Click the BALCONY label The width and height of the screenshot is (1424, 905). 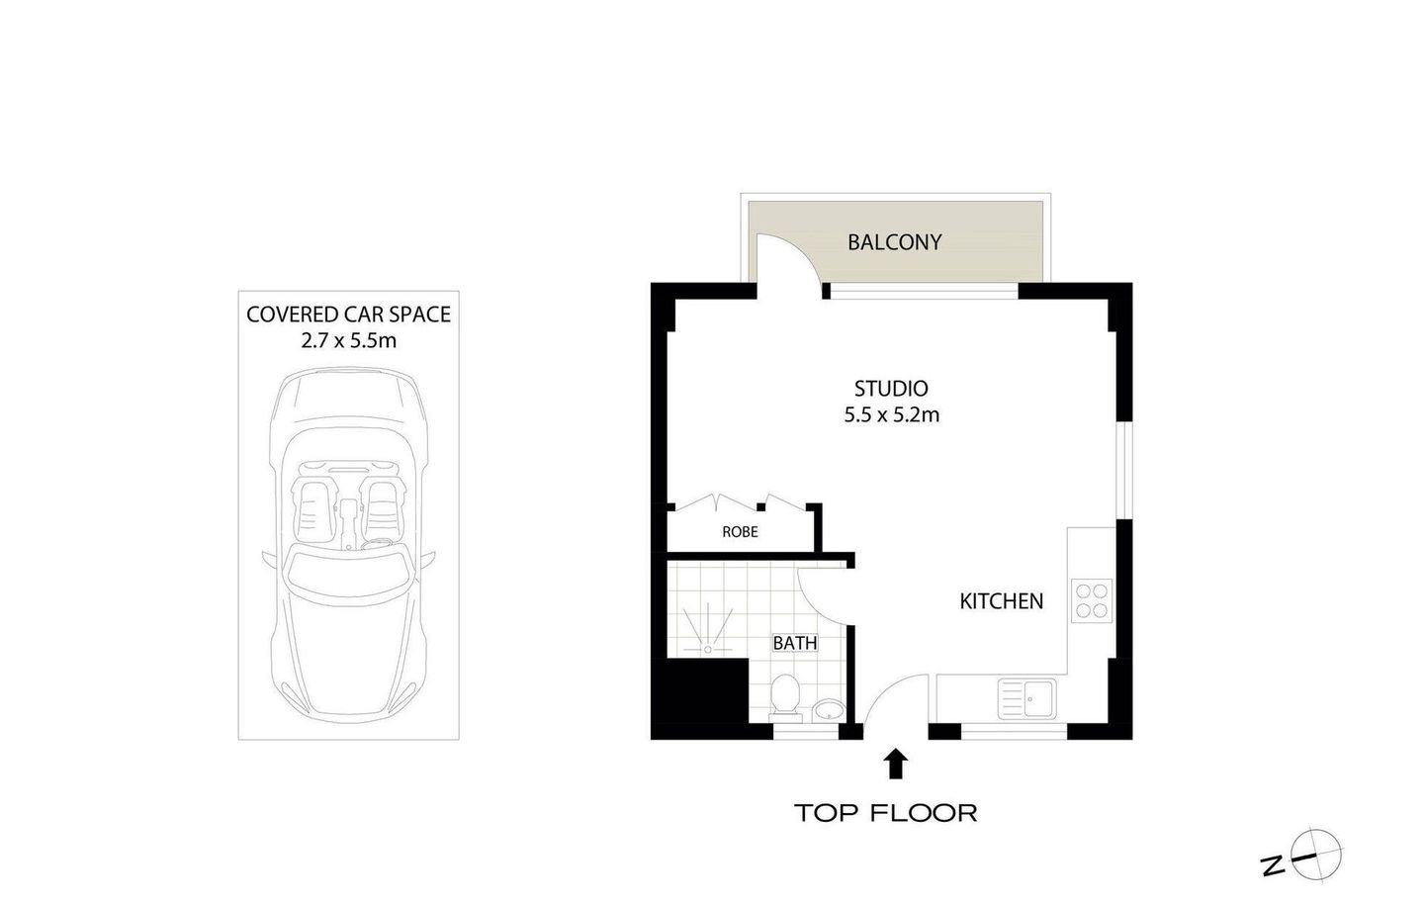coord(894,242)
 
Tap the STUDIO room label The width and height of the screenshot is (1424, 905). coord(891,389)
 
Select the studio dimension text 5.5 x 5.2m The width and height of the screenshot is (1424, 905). coord(891,415)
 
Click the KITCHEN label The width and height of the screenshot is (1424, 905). coord(1001,601)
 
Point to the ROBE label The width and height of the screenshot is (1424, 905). coord(740,532)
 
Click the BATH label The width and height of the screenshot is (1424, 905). coord(795,643)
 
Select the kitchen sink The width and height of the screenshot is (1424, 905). coord(1027,699)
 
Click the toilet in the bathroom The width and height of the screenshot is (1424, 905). coord(785,694)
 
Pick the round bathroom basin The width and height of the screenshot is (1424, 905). coord(828,709)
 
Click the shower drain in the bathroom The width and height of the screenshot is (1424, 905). coord(708,650)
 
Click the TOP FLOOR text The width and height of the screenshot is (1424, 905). coord(886,814)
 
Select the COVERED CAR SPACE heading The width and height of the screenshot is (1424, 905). coord(348,315)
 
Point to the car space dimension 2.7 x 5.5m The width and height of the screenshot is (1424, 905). coord(348,341)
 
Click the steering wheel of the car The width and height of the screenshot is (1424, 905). coord(377,542)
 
